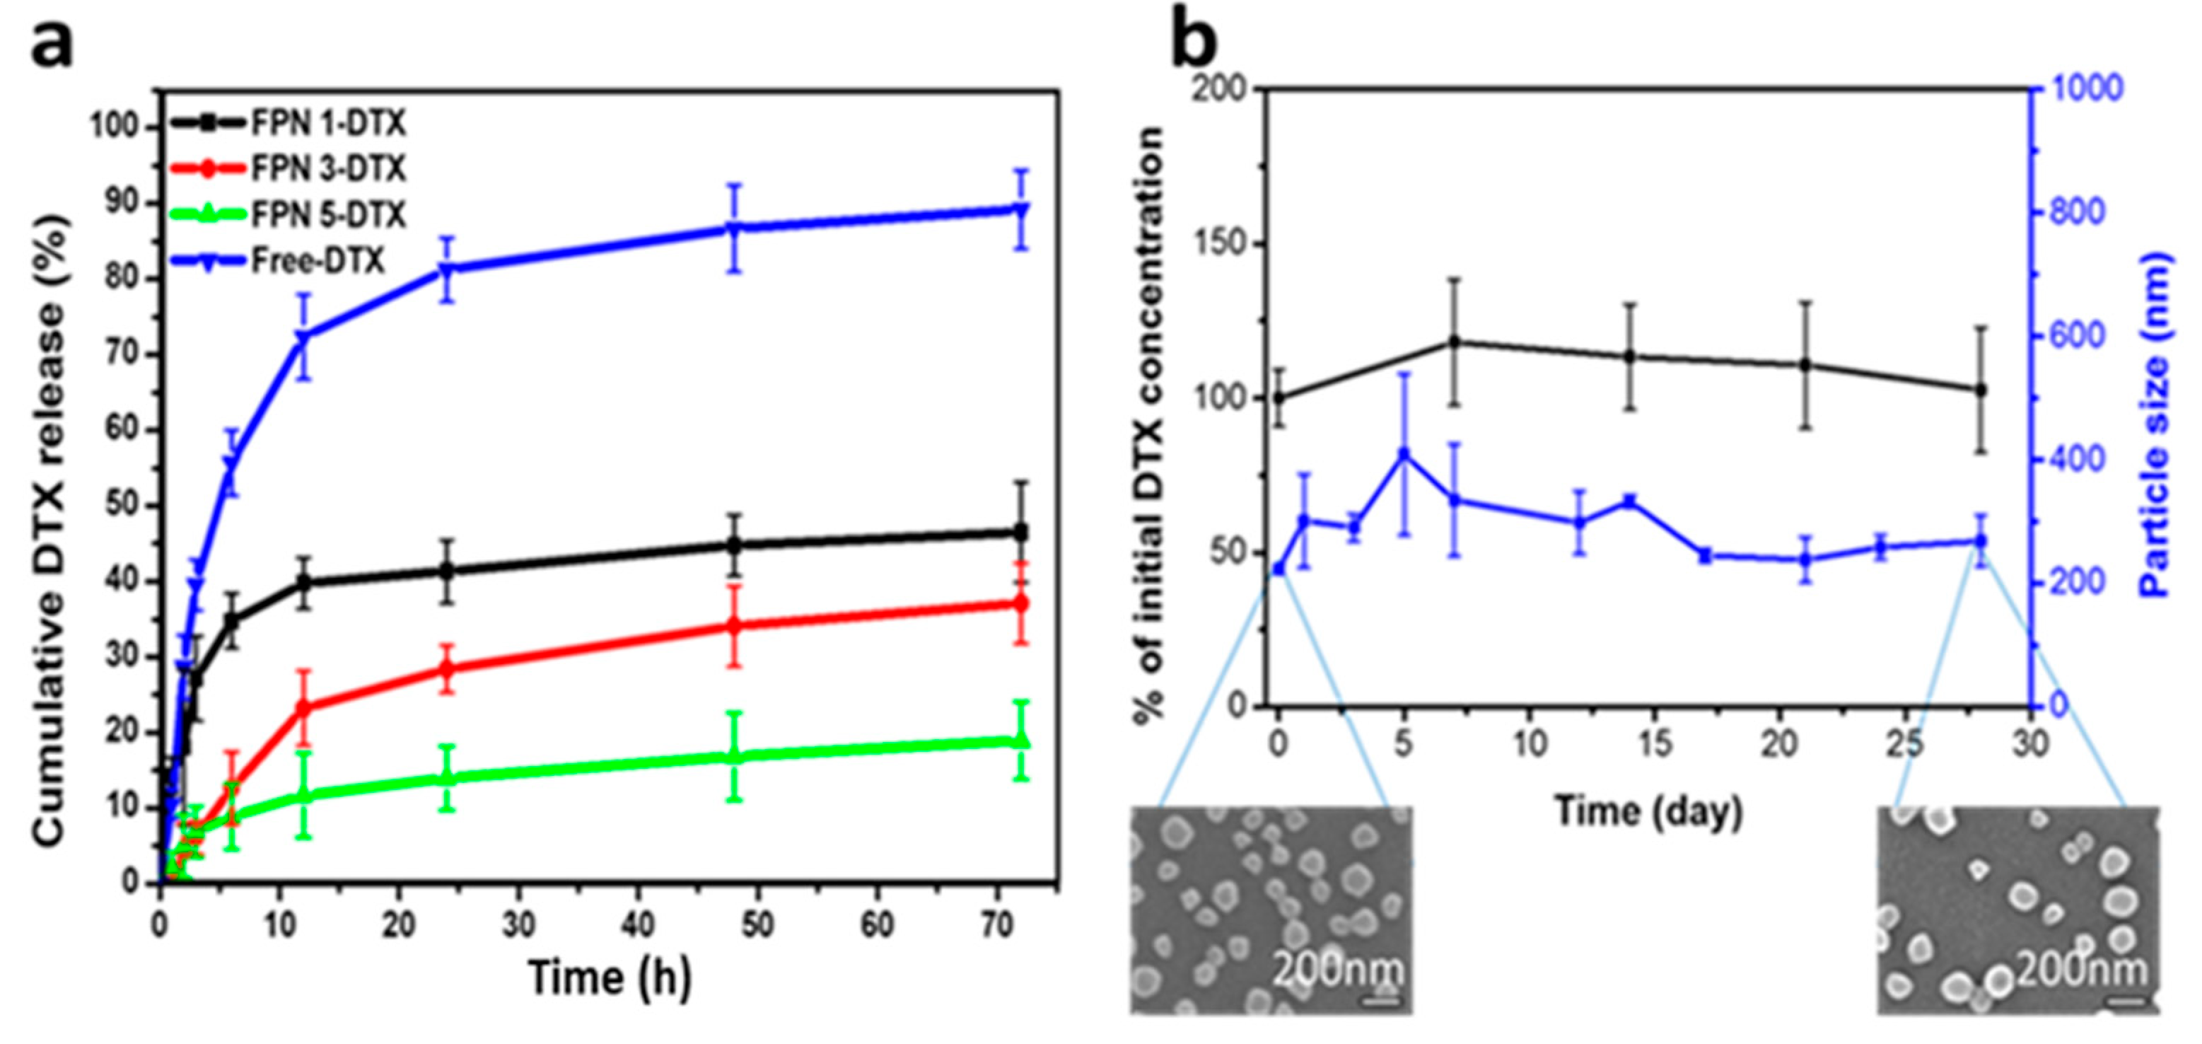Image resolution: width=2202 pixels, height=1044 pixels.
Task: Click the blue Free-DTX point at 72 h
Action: [x=1019, y=209]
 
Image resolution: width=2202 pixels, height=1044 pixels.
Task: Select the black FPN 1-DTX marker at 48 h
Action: [x=733, y=545]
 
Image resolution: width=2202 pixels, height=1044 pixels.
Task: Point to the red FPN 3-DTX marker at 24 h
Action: [x=446, y=668]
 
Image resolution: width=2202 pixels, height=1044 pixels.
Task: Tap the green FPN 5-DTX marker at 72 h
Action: [x=1019, y=740]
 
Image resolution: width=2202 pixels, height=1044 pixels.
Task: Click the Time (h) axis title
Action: [x=609, y=978]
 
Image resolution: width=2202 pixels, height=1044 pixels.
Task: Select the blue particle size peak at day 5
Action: [x=1403, y=454]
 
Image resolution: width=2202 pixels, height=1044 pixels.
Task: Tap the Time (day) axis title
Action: [x=1647, y=811]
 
